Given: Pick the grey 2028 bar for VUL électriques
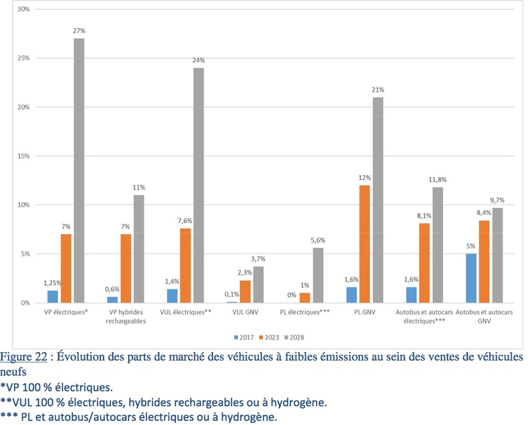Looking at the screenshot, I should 199,185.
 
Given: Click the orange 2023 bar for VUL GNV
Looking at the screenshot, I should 245,291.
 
